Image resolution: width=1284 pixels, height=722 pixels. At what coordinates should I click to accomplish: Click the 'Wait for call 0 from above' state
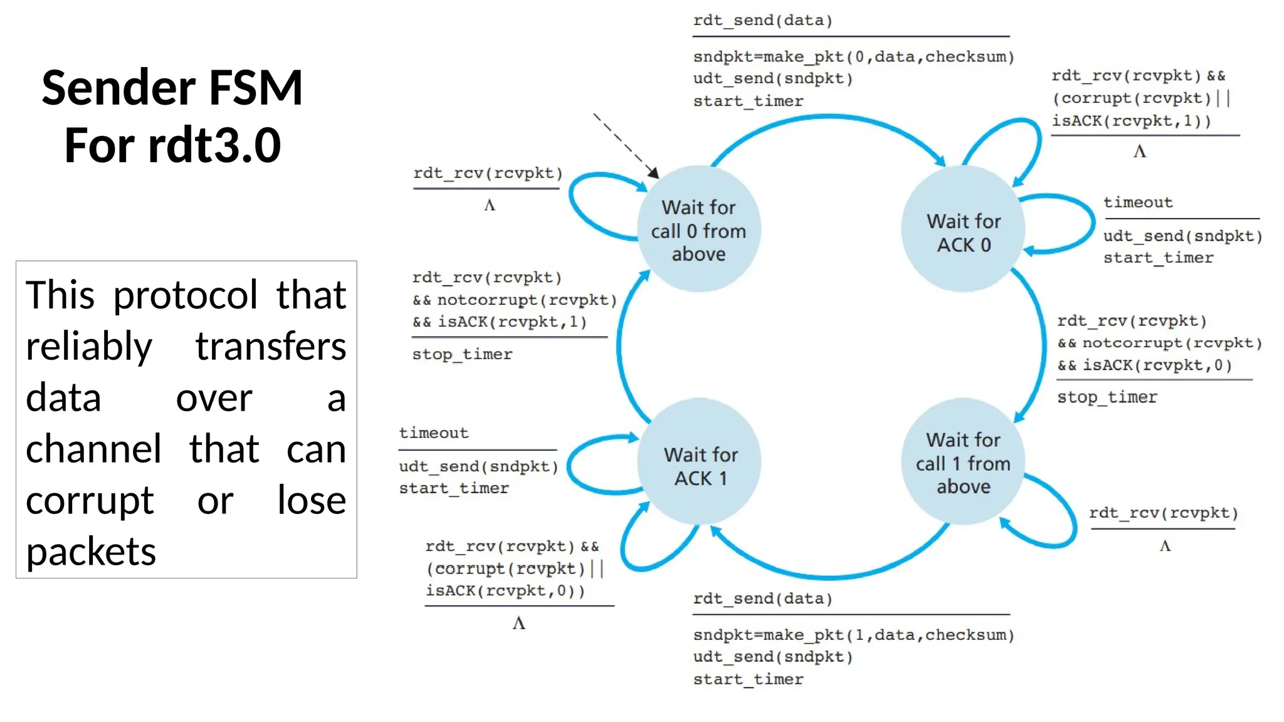[698, 229]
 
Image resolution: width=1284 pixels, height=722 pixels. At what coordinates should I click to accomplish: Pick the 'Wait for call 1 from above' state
[963, 463]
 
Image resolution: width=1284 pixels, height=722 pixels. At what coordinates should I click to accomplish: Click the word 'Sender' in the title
[117, 88]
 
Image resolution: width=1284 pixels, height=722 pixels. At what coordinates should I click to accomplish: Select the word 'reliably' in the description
[89, 346]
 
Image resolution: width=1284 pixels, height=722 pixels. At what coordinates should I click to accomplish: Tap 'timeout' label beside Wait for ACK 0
[1137, 202]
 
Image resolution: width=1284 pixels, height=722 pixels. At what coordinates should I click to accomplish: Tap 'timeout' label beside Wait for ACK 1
[433, 433]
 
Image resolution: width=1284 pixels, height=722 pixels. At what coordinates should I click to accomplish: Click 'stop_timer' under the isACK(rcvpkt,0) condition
[1107, 397]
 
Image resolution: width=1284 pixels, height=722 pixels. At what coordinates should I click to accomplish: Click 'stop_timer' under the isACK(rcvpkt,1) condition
[462, 354]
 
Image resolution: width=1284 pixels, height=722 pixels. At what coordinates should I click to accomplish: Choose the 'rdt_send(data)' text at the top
[762, 20]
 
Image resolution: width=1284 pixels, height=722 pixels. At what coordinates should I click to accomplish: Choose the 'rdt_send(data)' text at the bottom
[762, 599]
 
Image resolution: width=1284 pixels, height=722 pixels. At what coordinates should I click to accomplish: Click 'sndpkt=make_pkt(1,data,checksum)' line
[853, 635]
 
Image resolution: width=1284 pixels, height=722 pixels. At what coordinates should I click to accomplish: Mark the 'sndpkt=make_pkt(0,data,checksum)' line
[853, 56]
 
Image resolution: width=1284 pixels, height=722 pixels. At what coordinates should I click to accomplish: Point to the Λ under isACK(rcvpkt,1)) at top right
[1139, 151]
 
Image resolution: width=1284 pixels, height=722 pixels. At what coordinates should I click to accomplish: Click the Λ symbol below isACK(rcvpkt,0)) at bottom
[518, 623]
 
